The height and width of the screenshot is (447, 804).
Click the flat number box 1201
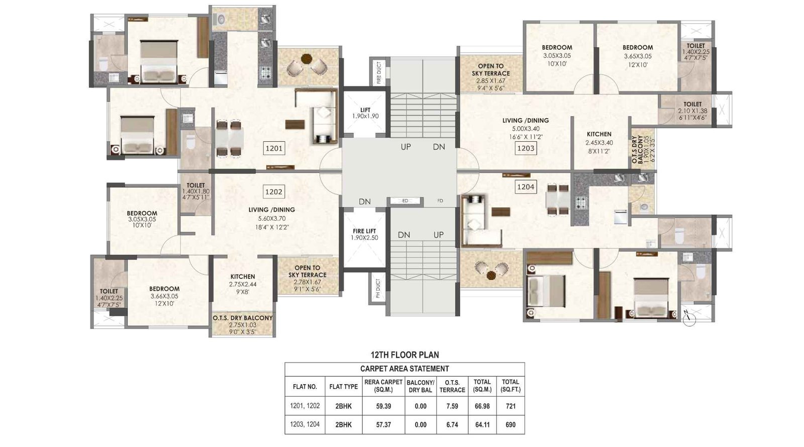coord(274,148)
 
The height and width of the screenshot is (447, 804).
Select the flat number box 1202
coord(274,192)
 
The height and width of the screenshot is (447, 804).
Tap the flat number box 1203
coord(526,148)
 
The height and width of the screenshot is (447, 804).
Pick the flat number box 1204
coord(526,187)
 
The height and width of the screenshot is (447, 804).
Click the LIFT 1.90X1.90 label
coord(365,113)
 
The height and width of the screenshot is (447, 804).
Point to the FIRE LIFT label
coord(365,234)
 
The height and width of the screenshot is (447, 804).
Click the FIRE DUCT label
coord(378,72)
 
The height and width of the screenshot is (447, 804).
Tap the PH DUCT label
coord(378,289)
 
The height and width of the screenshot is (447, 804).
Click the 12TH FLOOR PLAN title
coord(405,355)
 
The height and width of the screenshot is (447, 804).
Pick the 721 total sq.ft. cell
coord(510,406)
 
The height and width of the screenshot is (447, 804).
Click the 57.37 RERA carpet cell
coord(383,425)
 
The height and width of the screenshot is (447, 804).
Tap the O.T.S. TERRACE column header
coord(452,386)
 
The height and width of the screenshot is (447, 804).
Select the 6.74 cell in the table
coord(452,425)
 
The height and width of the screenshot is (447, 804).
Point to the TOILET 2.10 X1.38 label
coord(692,111)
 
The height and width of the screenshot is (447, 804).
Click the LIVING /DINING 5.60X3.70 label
coord(272,218)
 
